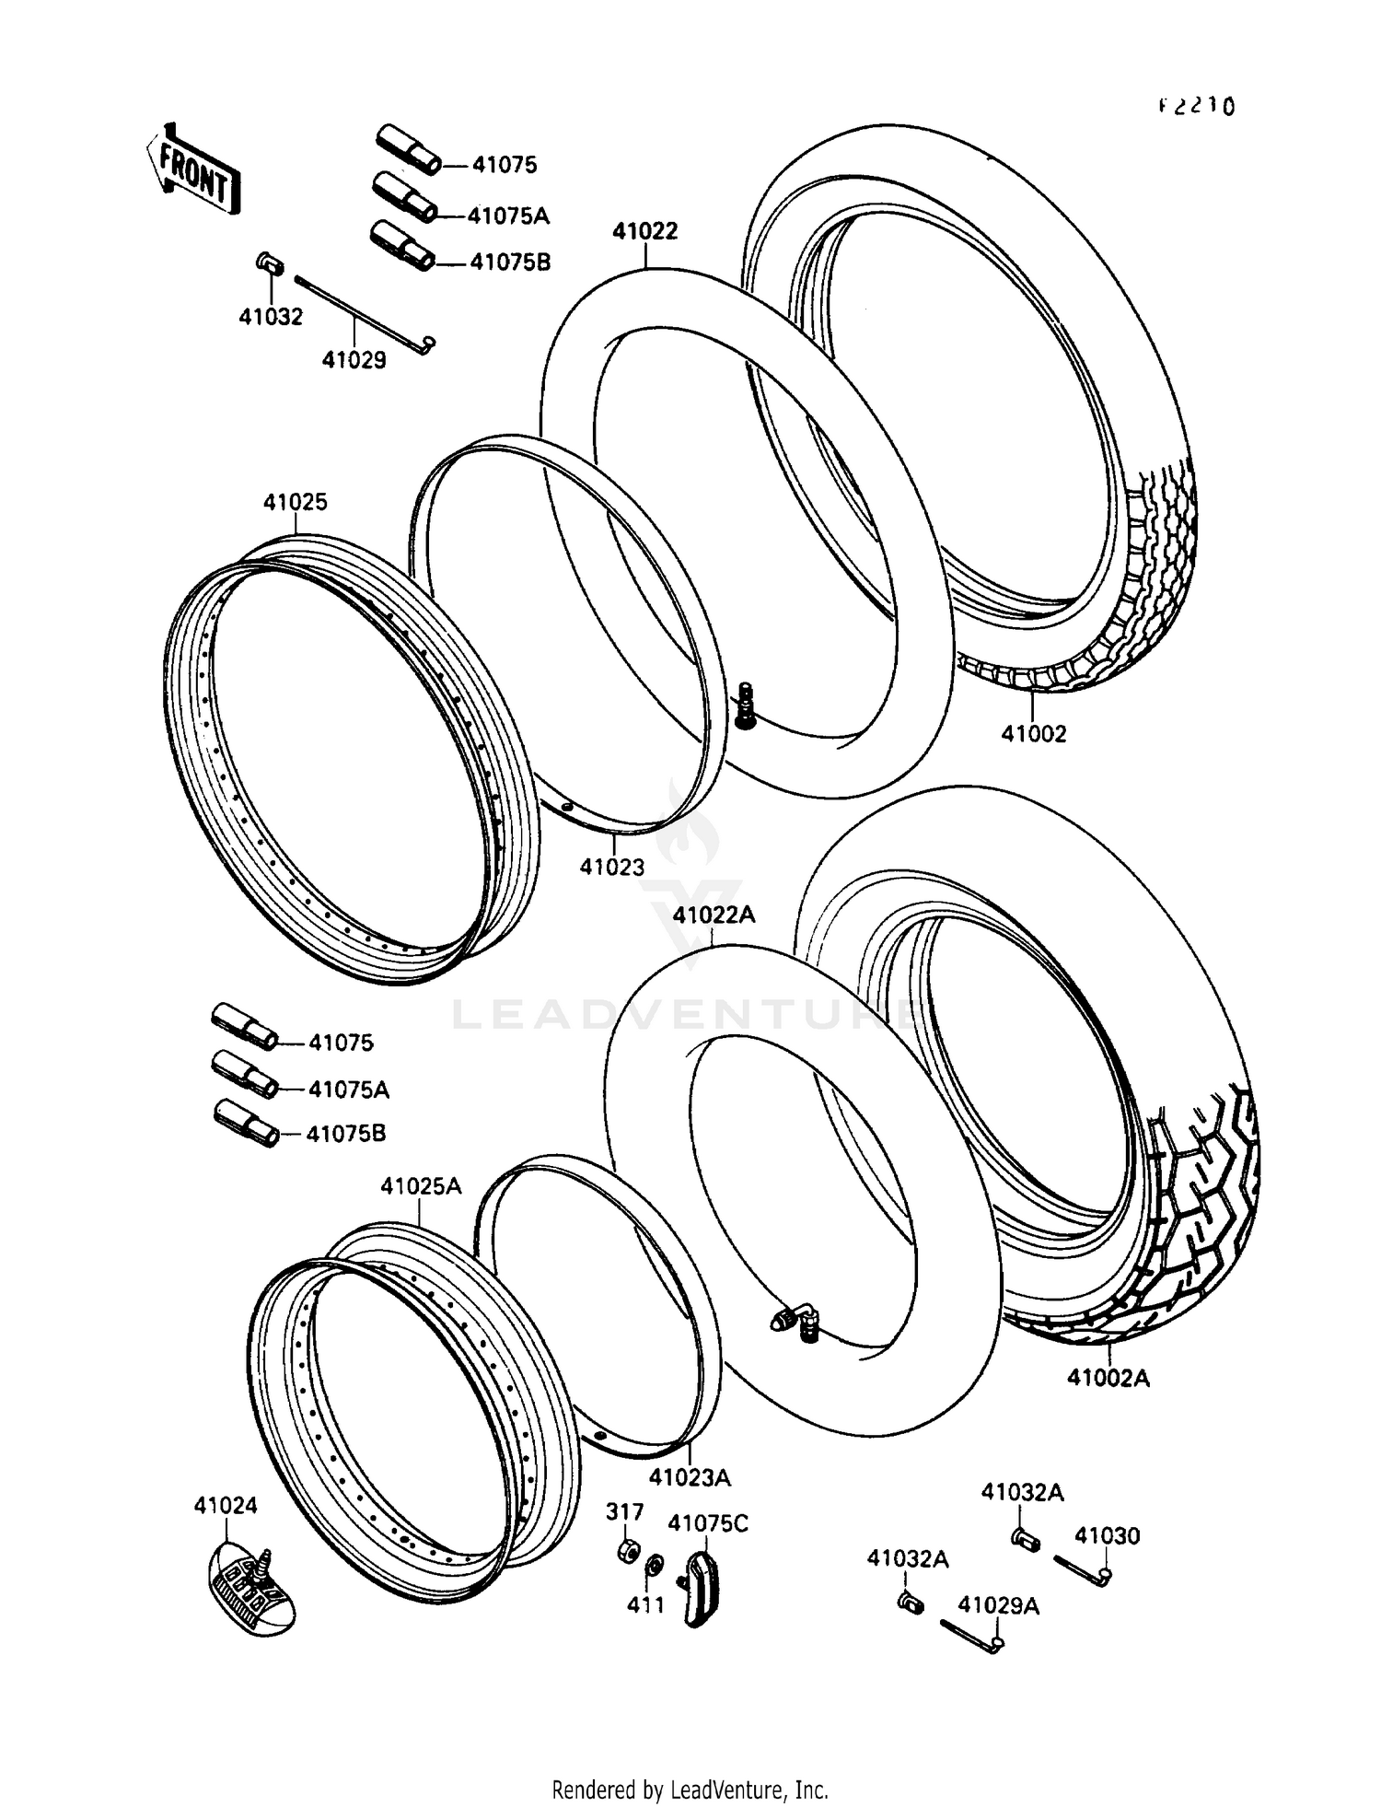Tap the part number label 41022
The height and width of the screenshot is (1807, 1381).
pos(645,231)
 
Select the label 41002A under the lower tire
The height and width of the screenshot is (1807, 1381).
pos(1108,1379)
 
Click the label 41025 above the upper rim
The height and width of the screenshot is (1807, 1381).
pos(296,502)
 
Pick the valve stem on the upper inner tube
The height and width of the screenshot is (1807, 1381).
pos(746,705)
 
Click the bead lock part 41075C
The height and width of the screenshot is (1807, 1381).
pos(702,1585)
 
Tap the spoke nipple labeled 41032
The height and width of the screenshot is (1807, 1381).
pos(267,263)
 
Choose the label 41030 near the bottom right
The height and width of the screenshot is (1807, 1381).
pos(1108,1535)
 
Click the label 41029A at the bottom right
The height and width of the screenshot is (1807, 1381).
pos(998,1605)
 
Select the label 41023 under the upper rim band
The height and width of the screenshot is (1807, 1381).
pos(612,867)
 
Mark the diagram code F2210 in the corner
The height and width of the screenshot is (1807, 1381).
pos(1196,106)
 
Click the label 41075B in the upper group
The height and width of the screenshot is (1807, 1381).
pos(510,262)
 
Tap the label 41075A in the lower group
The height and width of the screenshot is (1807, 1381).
pos(348,1090)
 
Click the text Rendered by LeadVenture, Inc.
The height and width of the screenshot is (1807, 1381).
pos(690,1790)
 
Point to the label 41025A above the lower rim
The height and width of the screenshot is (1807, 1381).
pos(421,1186)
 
